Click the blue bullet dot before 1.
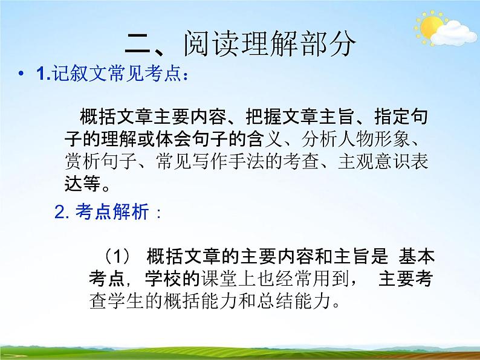pyautogui.click(x=22, y=76)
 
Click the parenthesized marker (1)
pyautogui.click(x=114, y=256)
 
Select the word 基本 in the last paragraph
pyautogui.click(x=417, y=256)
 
